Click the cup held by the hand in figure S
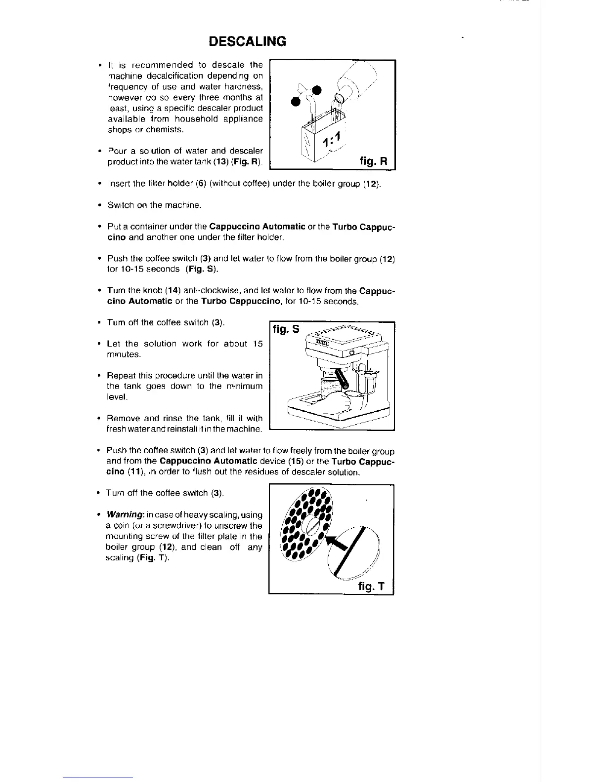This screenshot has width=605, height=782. (x=352, y=399)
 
